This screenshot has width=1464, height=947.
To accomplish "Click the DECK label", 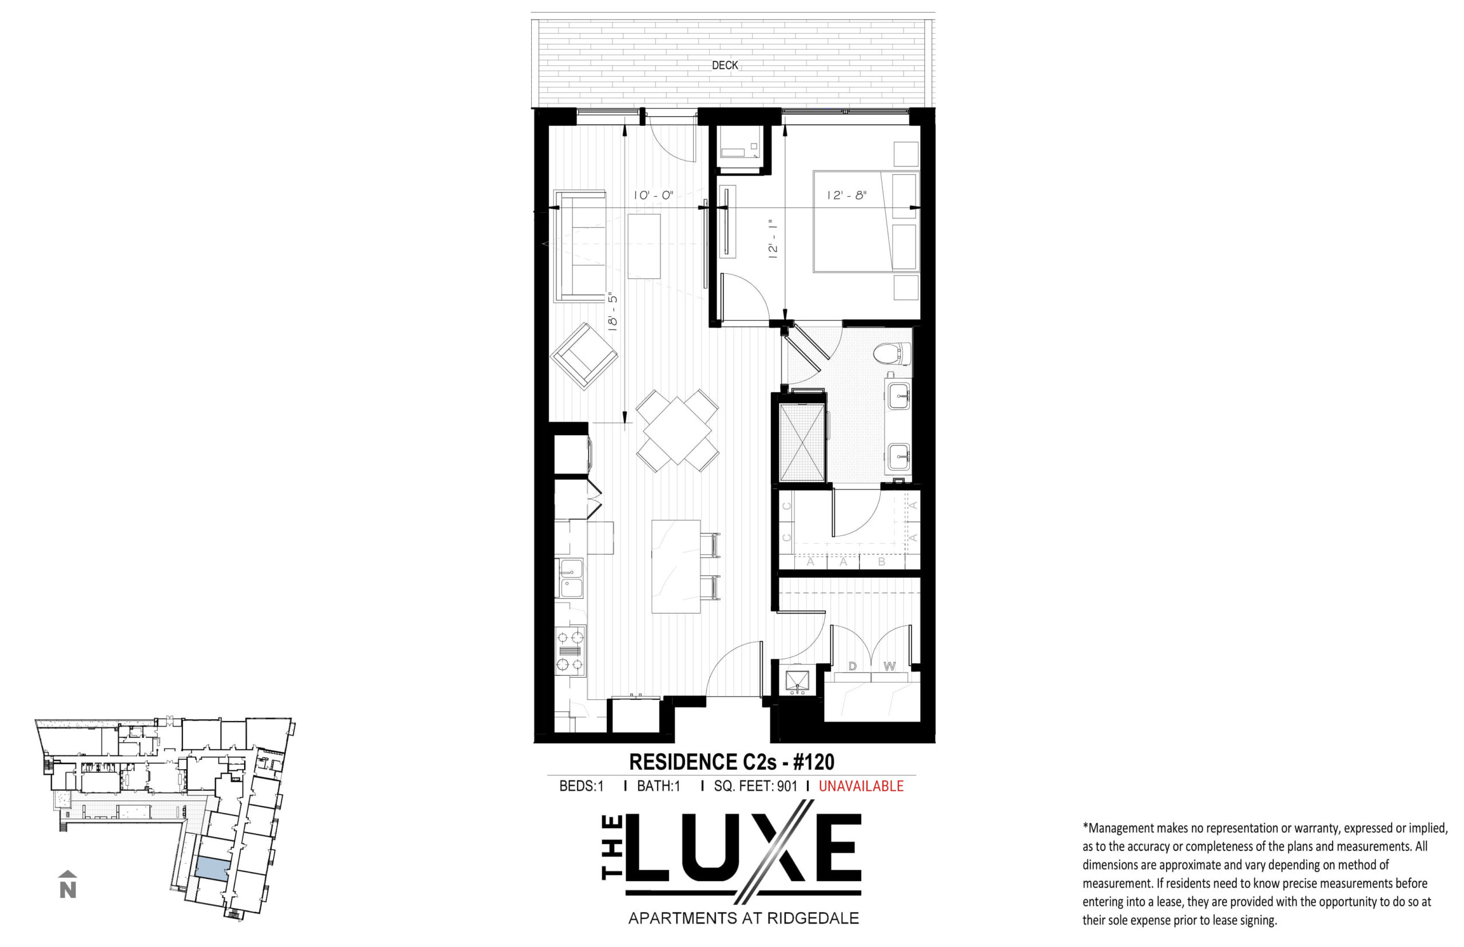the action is pyautogui.click(x=725, y=65).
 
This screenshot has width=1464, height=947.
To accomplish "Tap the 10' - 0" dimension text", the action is pyautogui.click(x=654, y=196).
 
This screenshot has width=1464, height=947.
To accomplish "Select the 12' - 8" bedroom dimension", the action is pyautogui.click(x=847, y=196).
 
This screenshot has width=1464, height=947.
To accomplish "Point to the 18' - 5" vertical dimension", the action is pyautogui.click(x=612, y=313).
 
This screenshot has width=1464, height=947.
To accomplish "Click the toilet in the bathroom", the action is pyautogui.click(x=892, y=354).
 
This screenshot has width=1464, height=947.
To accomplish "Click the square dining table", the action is pyautogui.click(x=677, y=431).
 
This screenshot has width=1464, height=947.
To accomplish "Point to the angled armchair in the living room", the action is pyautogui.click(x=583, y=356).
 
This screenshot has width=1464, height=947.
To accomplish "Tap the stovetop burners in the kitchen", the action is pyautogui.click(x=570, y=651).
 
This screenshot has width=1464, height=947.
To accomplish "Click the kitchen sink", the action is pyautogui.click(x=570, y=578).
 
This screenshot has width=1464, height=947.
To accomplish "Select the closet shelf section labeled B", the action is pyautogui.click(x=881, y=562).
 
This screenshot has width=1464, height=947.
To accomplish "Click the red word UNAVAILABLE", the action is pyautogui.click(x=861, y=786).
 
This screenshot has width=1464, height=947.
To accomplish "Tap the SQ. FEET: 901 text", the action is pyautogui.click(x=755, y=786).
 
